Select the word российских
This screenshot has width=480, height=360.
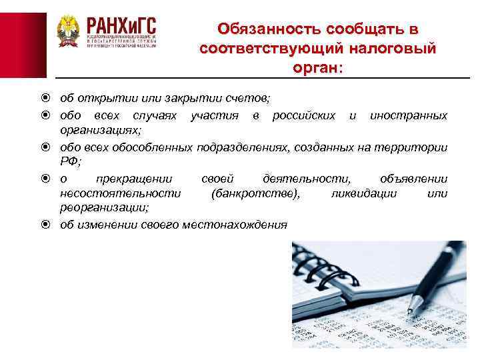(303, 115)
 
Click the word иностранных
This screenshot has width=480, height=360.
(408, 115)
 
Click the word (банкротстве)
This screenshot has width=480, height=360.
(255, 193)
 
